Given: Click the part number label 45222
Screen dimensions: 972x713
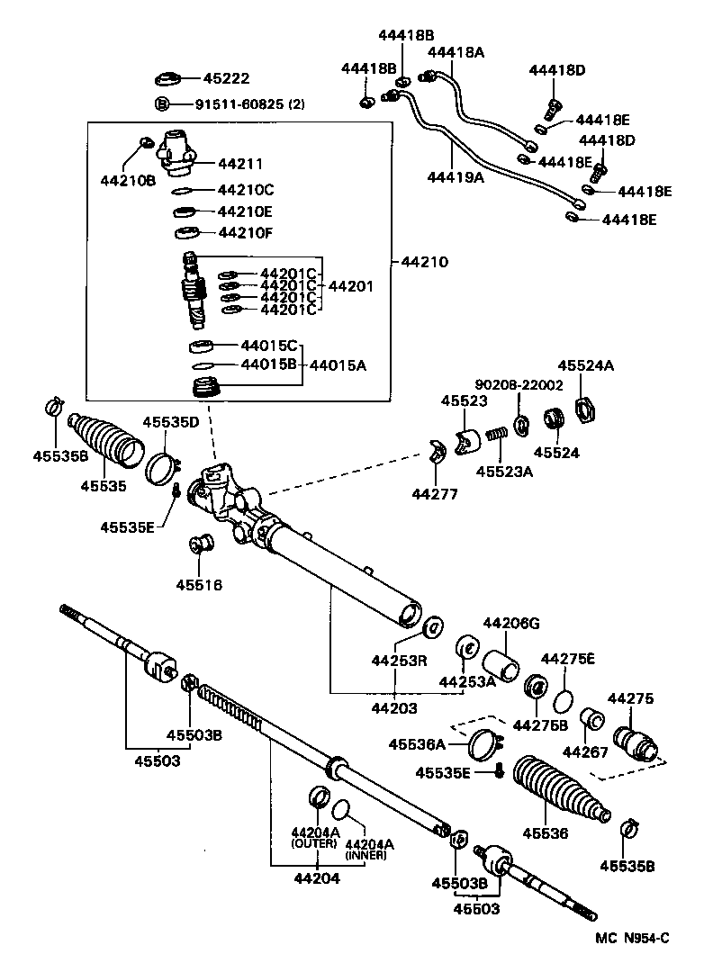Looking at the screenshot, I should pyautogui.click(x=225, y=79).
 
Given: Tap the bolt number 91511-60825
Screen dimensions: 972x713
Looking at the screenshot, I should pyautogui.click(x=239, y=103).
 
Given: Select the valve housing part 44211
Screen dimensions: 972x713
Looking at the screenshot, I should pyautogui.click(x=176, y=149).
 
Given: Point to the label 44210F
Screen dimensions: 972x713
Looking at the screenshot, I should pyautogui.click(x=245, y=233).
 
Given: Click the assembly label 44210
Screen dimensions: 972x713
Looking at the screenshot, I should pyautogui.click(x=424, y=263).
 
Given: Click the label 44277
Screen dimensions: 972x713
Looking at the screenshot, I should pyautogui.click(x=435, y=494).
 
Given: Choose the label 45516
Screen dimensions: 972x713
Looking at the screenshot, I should pyautogui.click(x=199, y=585).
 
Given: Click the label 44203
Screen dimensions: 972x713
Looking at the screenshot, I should pyautogui.click(x=394, y=708).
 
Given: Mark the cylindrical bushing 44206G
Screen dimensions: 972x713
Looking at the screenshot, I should pyautogui.click(x=502, y=666).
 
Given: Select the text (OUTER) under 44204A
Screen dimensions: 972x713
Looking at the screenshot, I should pyautogui.click(x=313, y=843).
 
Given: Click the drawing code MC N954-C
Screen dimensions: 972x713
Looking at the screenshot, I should pyautogui.click(x=632, y=939).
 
